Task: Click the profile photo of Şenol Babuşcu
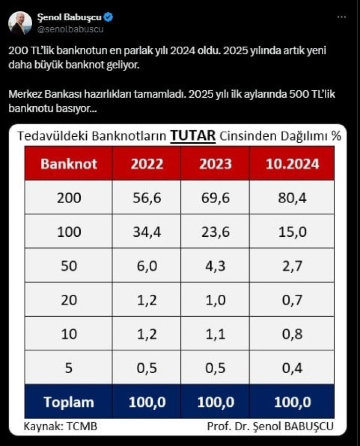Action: click(x=20, y=22)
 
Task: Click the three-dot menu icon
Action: click(x=342, y=17)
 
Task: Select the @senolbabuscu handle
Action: click(x=70, y=29)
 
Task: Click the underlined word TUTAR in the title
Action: click(x=193, y=136)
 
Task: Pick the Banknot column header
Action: click(x=69, y=164)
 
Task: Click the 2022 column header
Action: click(x=147, y=164)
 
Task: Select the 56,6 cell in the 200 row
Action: click(x=147, y=198)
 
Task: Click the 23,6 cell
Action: click(x=215, y=231)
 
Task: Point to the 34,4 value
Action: click(x=147, y=231)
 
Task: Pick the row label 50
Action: click(x=69, y=266)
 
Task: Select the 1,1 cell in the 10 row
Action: click(x=215, y=334)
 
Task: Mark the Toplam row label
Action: click(x=69, y=402)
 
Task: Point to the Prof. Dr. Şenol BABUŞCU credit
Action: click(x=270, y=426)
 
